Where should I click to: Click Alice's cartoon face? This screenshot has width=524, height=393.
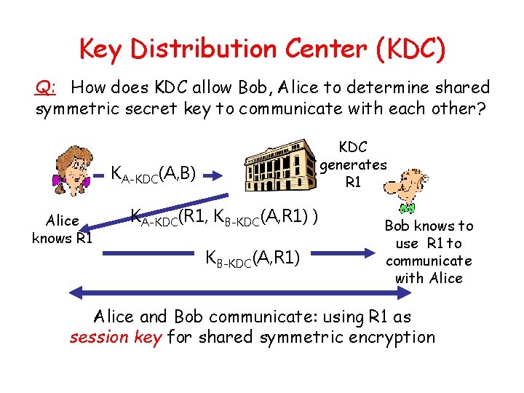click(73, 170)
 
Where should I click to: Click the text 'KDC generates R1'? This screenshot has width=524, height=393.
click(353, 164)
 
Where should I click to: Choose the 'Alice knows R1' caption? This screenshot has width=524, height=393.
click(62, 229)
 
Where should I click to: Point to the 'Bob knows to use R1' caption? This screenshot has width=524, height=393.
click(429, 252)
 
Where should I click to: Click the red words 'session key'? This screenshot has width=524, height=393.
click(116, 338)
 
